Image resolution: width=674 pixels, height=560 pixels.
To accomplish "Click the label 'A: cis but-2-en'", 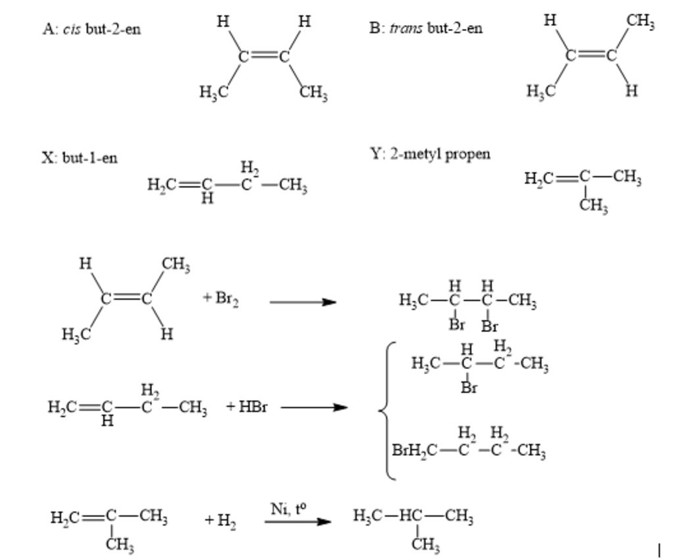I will (x=91, y=30).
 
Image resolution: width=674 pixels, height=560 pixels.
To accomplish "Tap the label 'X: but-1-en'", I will (x=80, y=158).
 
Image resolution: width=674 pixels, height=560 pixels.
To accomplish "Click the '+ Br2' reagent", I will (x=221, y=298).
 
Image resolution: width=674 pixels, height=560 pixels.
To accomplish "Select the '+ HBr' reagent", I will (x=247, y=406).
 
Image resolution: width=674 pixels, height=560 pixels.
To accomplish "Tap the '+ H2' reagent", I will (x=220, y=521).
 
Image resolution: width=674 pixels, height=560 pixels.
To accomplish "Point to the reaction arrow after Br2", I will (x=303, y=302).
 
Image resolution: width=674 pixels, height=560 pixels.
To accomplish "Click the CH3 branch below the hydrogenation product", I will (x=425, y=545).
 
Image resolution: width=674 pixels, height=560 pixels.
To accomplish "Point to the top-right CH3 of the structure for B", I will (x=640, y=22).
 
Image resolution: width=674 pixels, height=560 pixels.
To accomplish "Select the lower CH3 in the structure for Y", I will (x=594, y=207).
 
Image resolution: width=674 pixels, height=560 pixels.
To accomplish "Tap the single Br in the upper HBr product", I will (x=469, y=387).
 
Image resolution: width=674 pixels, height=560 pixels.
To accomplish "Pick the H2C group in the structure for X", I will (x=162, y=186).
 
